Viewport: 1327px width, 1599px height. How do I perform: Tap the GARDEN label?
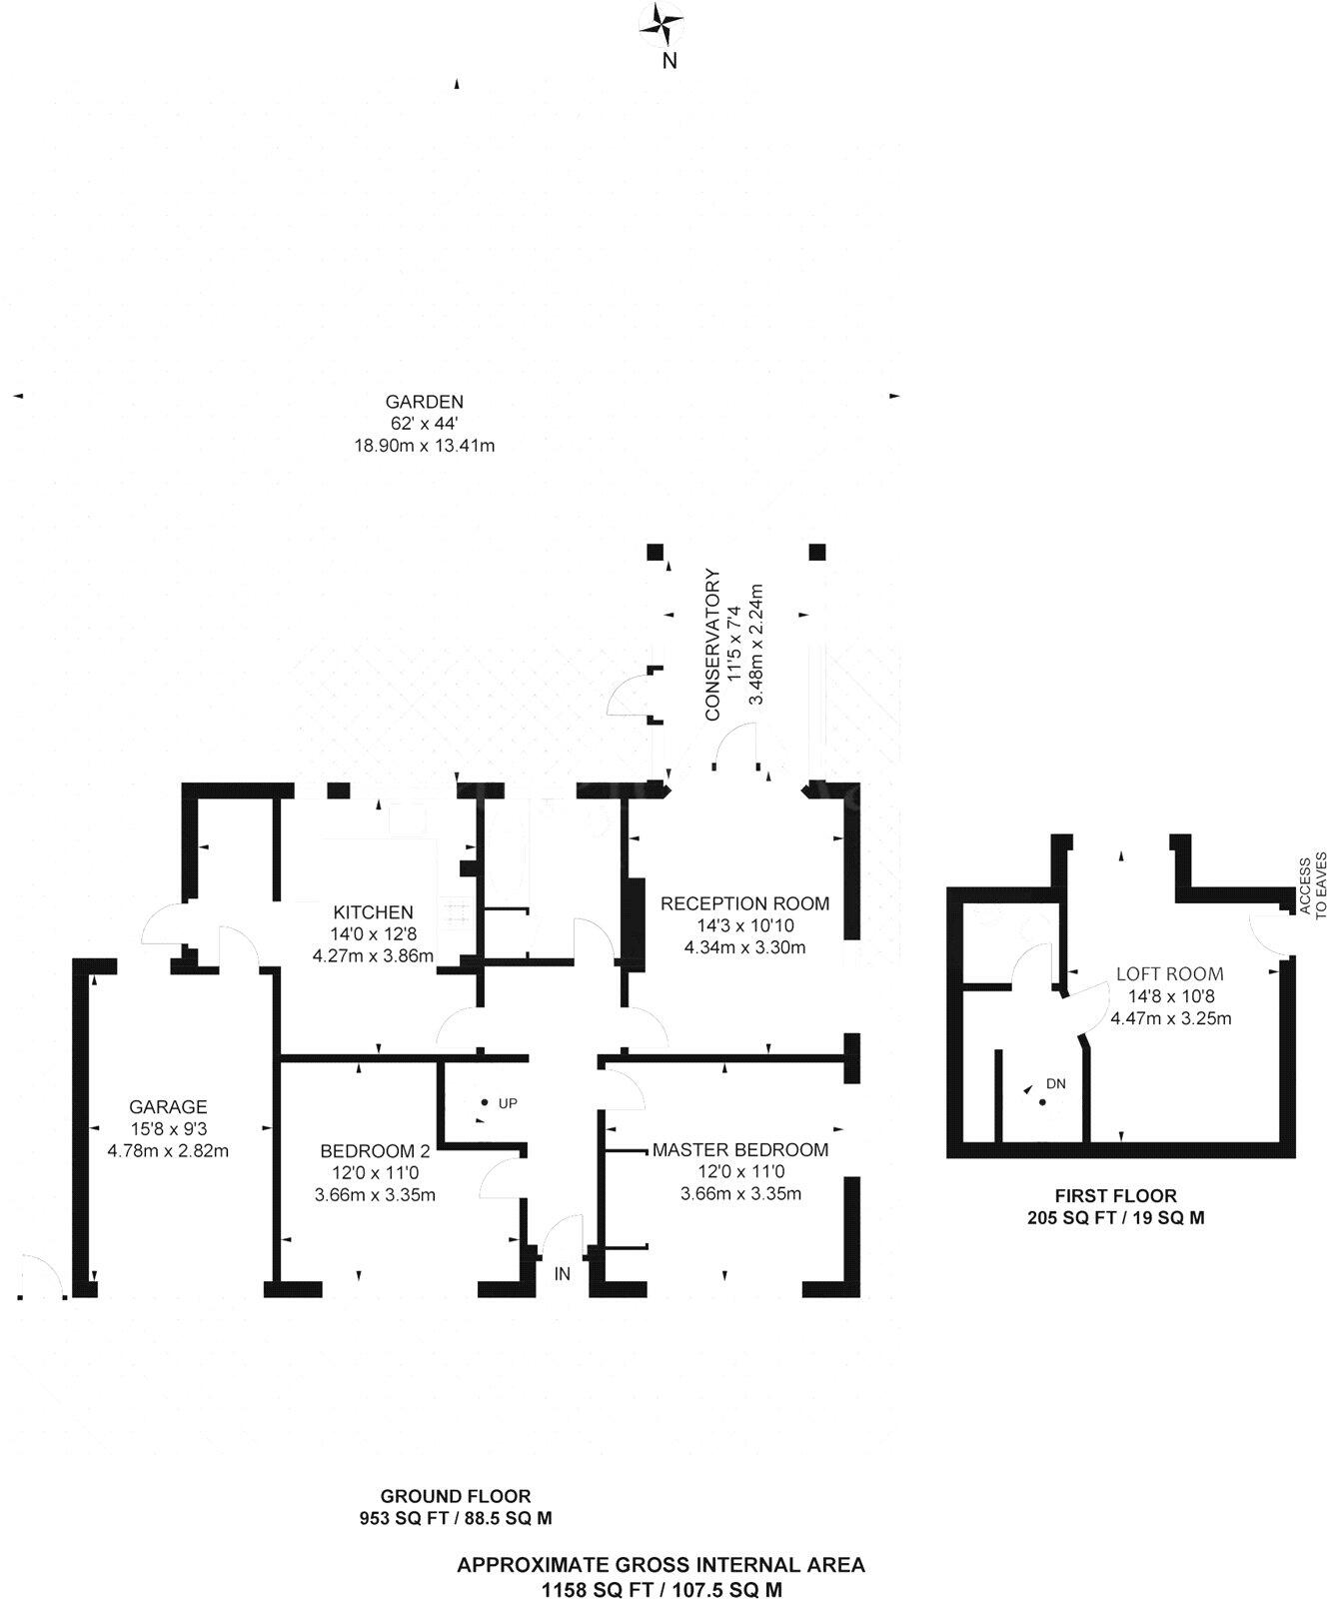(424, 403)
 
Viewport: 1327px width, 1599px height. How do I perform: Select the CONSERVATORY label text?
(712, 645)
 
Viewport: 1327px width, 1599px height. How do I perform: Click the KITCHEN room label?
(373, 911)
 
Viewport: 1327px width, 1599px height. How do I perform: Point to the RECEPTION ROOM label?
(744, 903)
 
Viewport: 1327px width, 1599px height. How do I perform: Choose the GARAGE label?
(168, 1106)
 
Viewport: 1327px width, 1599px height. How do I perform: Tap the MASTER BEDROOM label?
(740, 1149)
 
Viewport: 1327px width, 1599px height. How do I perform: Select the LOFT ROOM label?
(1169, 973)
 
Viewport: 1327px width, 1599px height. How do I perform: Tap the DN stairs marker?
(1055, 1083)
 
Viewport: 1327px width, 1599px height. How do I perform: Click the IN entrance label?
(563, 1274)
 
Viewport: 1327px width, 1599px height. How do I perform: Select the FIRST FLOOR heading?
(1116, 1195)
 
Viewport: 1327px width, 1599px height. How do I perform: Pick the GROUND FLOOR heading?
(456, 1496)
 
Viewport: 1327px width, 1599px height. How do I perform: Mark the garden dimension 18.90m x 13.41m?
(425, 446)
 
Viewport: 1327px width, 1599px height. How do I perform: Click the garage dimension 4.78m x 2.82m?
(168, 1150)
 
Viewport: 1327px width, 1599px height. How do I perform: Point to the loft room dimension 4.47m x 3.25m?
(1170, 1019)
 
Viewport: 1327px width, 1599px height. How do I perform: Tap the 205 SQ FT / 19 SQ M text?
(1116, 1218)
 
